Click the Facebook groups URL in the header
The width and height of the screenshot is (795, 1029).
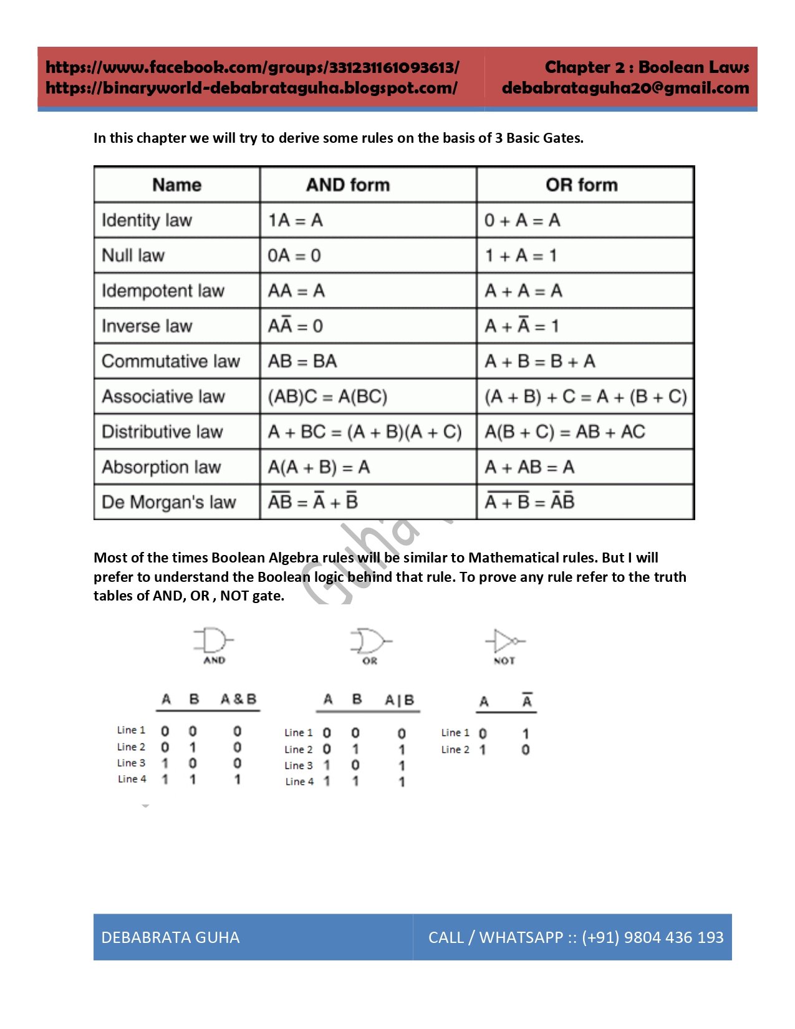coord(253,67)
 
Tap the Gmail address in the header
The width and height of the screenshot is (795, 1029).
coord(625,88)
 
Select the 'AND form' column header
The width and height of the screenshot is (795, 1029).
coord(348,185)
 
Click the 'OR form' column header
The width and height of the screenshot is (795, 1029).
coord(581,185)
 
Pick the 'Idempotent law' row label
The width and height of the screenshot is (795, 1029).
coord(163,291)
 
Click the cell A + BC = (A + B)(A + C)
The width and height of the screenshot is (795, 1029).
coord(365,432)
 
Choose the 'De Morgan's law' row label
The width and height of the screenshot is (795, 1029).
coord(168,503)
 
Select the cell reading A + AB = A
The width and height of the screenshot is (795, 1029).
coord(529,467)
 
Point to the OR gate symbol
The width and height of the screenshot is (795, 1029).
coord(370,641)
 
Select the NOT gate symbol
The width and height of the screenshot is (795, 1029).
coord(505,641)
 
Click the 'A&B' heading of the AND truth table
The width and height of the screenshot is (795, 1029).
coord(238,699)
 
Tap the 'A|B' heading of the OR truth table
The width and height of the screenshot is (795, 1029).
coord(400,700)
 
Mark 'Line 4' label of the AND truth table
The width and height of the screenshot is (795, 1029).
coord(132,779)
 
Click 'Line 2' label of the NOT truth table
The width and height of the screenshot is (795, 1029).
coord(455,750)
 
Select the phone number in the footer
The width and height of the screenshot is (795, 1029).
coord(652,937)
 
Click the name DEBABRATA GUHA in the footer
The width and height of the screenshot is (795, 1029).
coord(170,937)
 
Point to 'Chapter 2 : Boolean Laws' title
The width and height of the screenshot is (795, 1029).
coord(647,67)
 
